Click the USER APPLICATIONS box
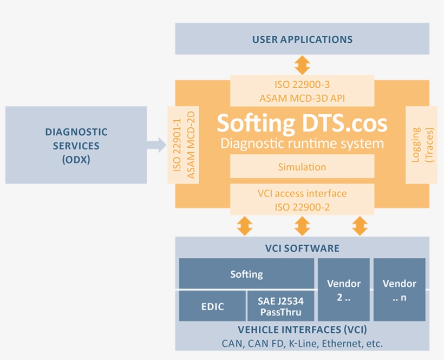click(x=302, y=39)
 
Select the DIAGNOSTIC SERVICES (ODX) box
click(x=76, y=146)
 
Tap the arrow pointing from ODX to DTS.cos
click(x=157, y=145)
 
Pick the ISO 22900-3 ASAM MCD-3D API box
click(x=302, y=91)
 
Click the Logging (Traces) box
click(x=421, y=145)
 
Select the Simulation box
click(x=302, y=167)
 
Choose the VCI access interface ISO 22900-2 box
click(x=302, y=200)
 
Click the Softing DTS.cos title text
click(x=302, y=123)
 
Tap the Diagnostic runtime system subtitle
click(x=302, y=143)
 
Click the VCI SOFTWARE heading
click(x=302, y=248)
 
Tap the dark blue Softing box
click(x=246, y=274)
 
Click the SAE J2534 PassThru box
click(x=280, y=306)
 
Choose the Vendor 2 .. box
click(x=344, y=290)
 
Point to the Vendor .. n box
click(x=400, y=290)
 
